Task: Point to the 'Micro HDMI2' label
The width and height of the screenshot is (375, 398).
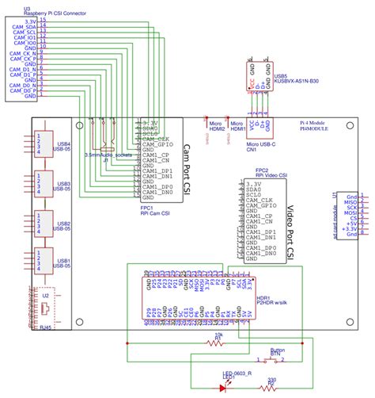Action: coord(215,126)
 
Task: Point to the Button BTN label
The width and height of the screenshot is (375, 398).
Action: coord(277,351)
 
